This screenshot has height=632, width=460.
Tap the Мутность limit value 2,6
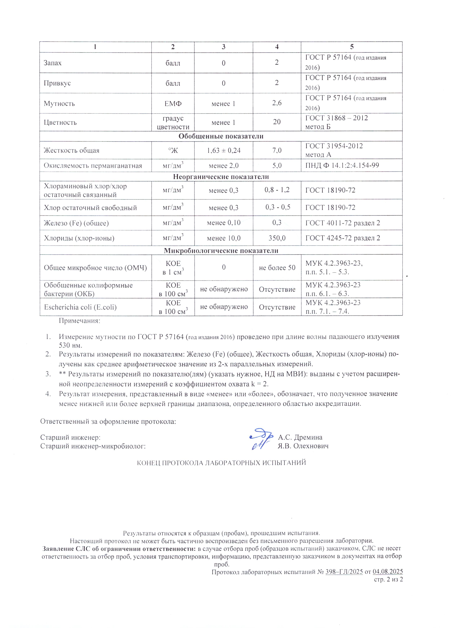277,103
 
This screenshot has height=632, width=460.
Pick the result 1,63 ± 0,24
224,151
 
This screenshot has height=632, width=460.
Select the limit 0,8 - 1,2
277,190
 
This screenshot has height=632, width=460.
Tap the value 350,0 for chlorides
277,238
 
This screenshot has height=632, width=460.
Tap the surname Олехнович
312,446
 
